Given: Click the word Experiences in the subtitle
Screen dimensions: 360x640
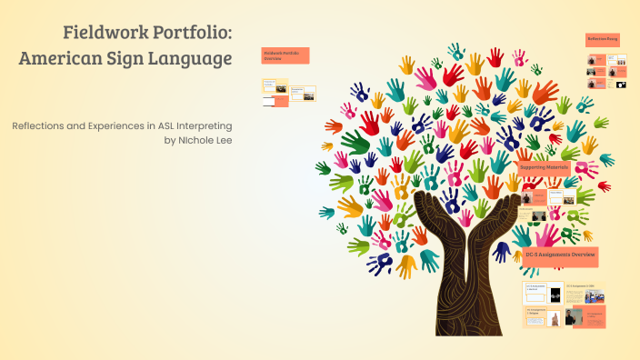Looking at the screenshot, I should [109, 126].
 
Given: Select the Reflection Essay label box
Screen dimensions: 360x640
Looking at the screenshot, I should [603, 39].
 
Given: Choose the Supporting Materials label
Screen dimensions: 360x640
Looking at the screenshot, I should [544, 167].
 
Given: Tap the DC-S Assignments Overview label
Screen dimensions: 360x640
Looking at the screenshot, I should [560, 255].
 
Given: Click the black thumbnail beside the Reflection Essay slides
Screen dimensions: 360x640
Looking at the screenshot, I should [621, 85].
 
